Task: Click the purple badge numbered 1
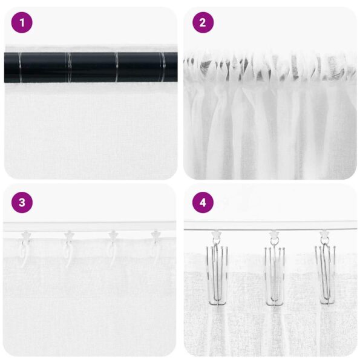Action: (x=22, y=23)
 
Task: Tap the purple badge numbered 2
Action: (x=203, y=23)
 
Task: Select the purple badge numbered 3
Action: (x=22, y=202)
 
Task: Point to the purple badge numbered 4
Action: (x=203, y=202)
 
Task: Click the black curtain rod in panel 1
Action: (x=91, y=67)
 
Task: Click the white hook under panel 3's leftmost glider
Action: (x=24, y=254)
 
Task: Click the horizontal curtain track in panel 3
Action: (x=91, y=226)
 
